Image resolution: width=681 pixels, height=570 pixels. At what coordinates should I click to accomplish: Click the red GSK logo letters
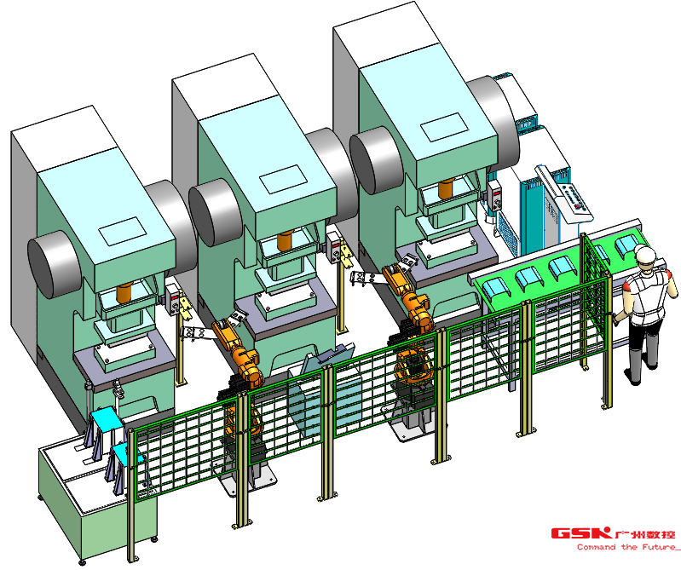coord(581,533)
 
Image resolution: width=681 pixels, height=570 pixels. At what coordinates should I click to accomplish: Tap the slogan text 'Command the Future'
coord(626,547)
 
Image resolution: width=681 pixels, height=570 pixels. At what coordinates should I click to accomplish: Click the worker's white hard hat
coord(644,253)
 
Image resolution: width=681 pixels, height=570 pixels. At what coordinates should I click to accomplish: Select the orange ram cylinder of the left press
coord(124,293)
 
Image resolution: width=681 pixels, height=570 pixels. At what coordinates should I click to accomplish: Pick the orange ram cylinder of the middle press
coord(285,241)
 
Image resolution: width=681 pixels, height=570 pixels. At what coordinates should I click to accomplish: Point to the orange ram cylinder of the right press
coord(446,190)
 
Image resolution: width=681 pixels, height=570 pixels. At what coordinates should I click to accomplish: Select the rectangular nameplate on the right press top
coord(445,127)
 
